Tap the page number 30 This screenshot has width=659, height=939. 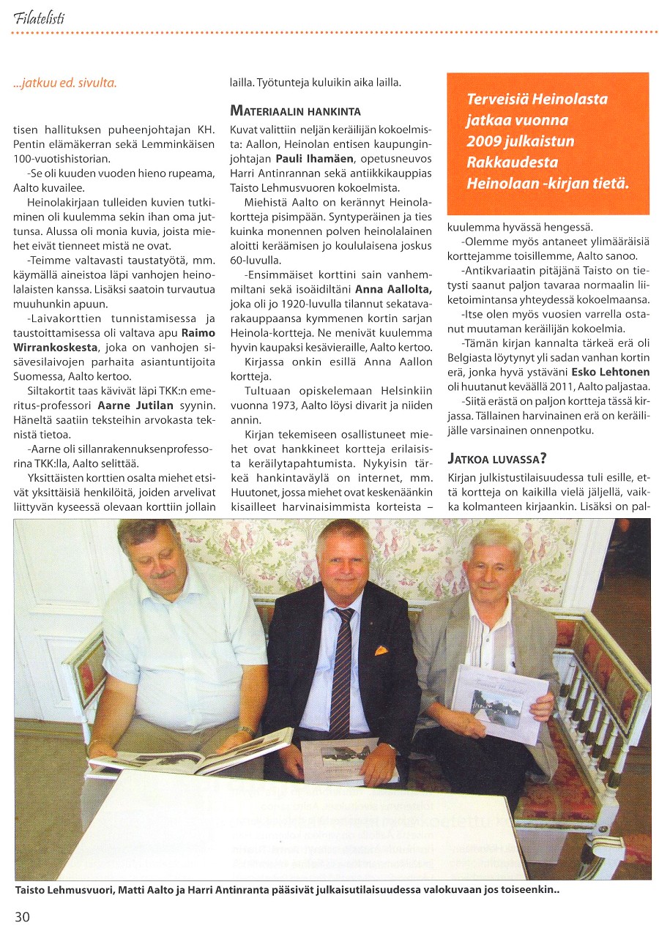23,917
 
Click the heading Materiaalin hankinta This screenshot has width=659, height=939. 296,111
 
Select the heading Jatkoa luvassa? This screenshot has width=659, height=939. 497,459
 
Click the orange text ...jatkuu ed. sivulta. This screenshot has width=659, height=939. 65,83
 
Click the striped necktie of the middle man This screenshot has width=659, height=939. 341,673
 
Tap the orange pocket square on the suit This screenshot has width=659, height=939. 381,649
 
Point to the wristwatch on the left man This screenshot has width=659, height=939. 247,730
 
